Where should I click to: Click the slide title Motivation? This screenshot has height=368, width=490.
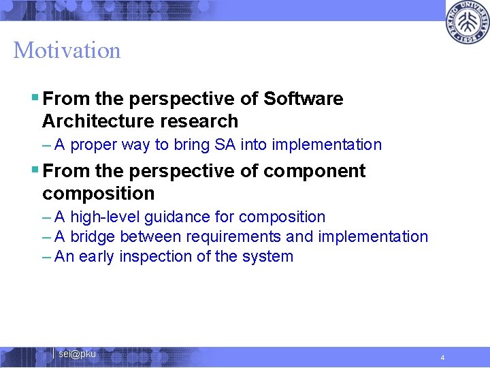[67, 50]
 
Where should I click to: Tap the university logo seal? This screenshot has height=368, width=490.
[468, 22]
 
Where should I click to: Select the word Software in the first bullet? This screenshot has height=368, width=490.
[303, 99]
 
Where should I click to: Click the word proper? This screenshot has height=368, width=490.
[93, 144]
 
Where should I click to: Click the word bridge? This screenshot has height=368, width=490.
[93, 236]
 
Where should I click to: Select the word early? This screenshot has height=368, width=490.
[97, 256]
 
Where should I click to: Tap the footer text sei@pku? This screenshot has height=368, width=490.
[77, 354]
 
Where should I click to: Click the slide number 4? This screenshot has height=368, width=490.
[442, 358]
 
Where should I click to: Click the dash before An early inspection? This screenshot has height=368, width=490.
[46, 256]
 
